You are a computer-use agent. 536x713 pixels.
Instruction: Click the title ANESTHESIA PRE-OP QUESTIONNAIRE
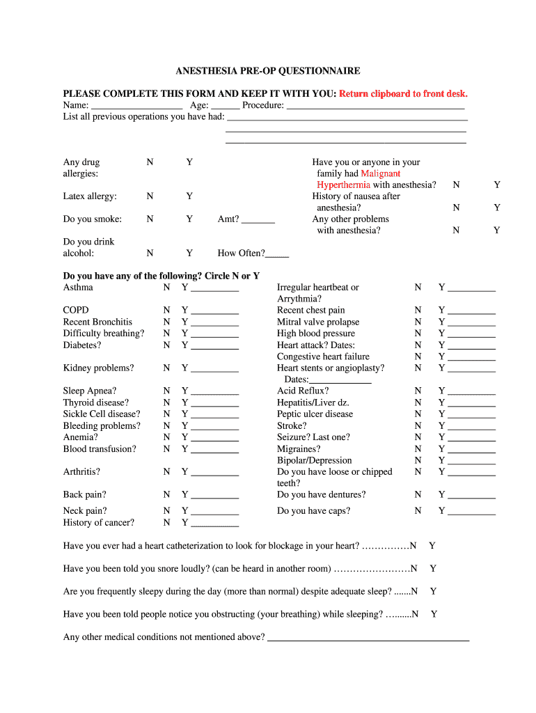tap(267, 71)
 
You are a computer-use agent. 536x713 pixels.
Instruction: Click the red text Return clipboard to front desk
tap(403, 94)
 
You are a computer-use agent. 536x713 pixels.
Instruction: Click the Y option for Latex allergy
tap(189, 196)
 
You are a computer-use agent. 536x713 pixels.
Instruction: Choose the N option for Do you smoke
tap(150, 219)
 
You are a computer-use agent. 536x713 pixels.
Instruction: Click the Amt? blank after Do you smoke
tap(259, 220)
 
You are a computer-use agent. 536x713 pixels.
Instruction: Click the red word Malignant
tap(380, 173)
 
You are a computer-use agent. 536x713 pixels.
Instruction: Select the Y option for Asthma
tap(184, 288)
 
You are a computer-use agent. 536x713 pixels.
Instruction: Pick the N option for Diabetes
tap(166, 345)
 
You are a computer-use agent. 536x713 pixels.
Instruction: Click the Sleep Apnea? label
tap(90, 391)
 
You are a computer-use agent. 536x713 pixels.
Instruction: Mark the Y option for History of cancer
tap(184, 523)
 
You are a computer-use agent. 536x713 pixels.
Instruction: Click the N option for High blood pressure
tap(418, 334)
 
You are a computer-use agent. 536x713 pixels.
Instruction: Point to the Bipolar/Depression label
tap(314, 460)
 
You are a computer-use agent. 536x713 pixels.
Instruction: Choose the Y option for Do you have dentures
tap(441, 495)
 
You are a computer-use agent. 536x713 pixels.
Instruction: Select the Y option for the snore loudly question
tap(433, 569)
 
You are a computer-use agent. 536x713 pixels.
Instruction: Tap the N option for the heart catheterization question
tap(413, 546)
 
